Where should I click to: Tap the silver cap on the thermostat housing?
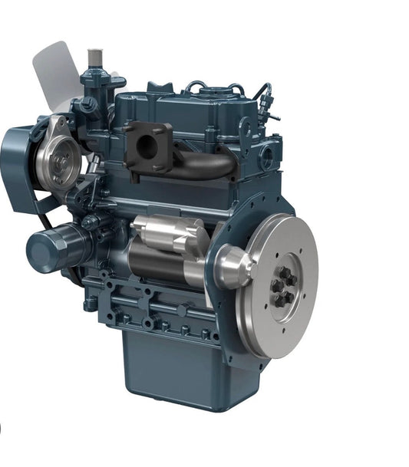pyautogui.click(x=95, y=57)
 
